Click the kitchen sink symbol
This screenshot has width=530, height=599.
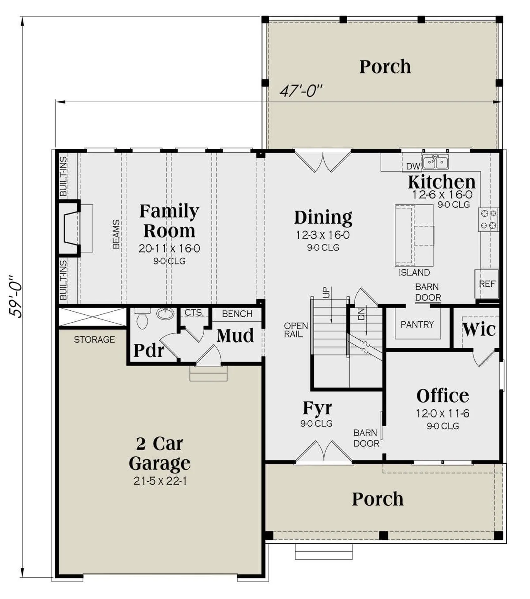(x=436, y=162)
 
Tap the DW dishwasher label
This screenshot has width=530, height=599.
(x=413, y=166)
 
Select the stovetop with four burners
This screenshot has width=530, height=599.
(x=488, y=220)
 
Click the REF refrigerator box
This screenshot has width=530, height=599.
(x=487, y=284)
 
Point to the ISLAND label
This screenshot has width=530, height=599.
(x=414, y=273)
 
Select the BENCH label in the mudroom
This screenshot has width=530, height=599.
(x=237, y=314)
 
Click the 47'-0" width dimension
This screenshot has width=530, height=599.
(x=301, y=91)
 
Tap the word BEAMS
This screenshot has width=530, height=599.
(x=116, y=234)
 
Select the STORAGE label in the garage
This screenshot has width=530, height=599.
(x=94, y=339)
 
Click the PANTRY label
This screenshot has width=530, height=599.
(x=417, y=325)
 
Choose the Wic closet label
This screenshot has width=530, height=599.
(x=479, y=329)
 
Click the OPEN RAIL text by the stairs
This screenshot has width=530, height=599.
(x=296, y=330)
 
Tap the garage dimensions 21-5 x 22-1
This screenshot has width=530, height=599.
(x=160, y=481)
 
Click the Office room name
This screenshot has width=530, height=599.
(x=442, y=396)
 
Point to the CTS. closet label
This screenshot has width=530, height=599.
(x=194, y=313)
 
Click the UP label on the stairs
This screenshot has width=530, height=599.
(x=326, y=293)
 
